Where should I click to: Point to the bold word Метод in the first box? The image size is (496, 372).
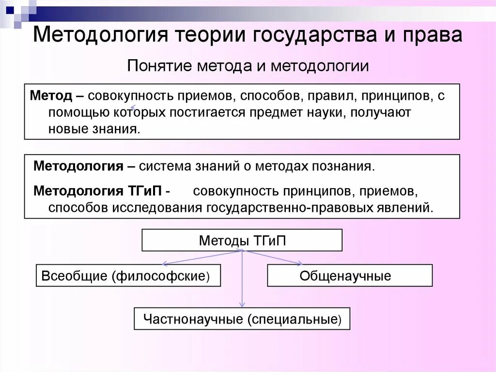51,95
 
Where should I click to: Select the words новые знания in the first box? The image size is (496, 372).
94,129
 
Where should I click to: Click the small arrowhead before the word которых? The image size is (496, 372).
133,109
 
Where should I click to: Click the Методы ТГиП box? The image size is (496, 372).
242,240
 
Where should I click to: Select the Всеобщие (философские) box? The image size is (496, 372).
128,275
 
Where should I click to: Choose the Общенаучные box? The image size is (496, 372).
349,275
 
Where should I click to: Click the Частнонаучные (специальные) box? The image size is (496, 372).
242,319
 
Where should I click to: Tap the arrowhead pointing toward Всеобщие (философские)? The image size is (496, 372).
165,264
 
